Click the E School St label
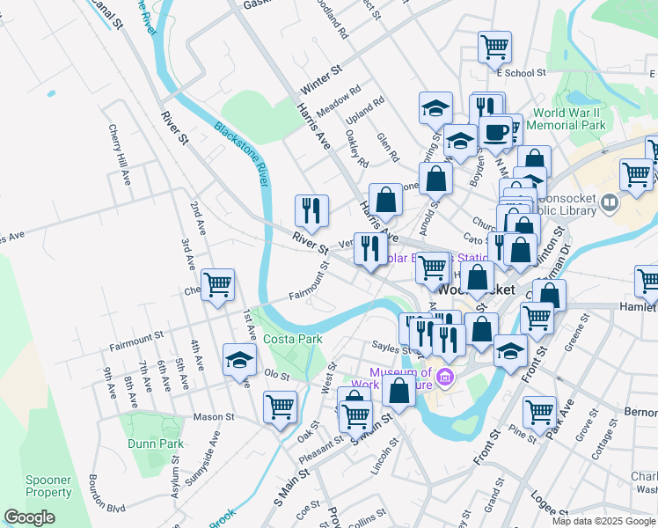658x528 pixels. tap(521, 73)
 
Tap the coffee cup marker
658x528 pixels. tap(497, 130)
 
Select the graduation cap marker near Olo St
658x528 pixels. tap(239, 360)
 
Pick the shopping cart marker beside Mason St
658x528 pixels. tap(280, 407)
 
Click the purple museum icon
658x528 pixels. tap(446, 378)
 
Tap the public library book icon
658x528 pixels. tap(610, 204)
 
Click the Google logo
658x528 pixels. tap(29, 517)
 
